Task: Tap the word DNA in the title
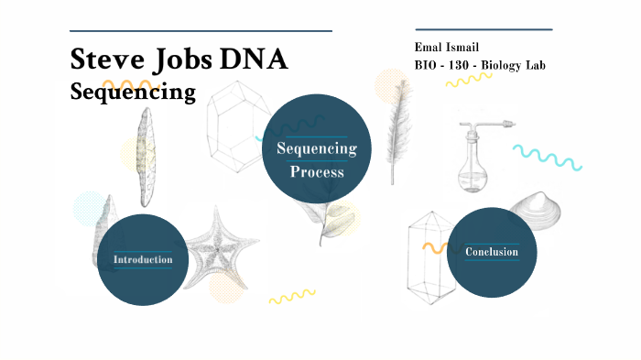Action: point(253,60)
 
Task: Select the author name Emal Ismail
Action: point(447,47)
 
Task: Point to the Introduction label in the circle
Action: point(143,260)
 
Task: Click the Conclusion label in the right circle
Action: point(492,252)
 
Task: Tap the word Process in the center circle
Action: point(317,171)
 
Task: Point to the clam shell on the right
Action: point(537,212)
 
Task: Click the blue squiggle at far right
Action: point(547,158)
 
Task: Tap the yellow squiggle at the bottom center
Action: point(291,297)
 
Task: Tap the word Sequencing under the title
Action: point(133,92)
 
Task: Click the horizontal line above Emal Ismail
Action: point(483,29)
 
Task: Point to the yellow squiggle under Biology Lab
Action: point(469,81)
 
